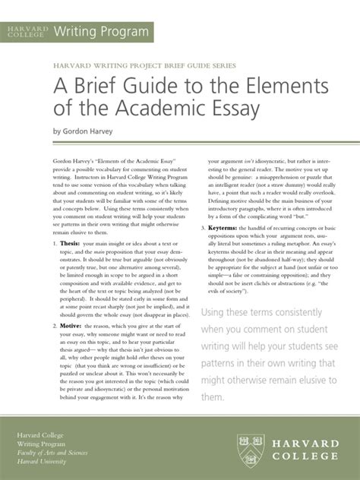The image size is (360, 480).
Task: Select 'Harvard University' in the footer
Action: pos(42,461)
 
